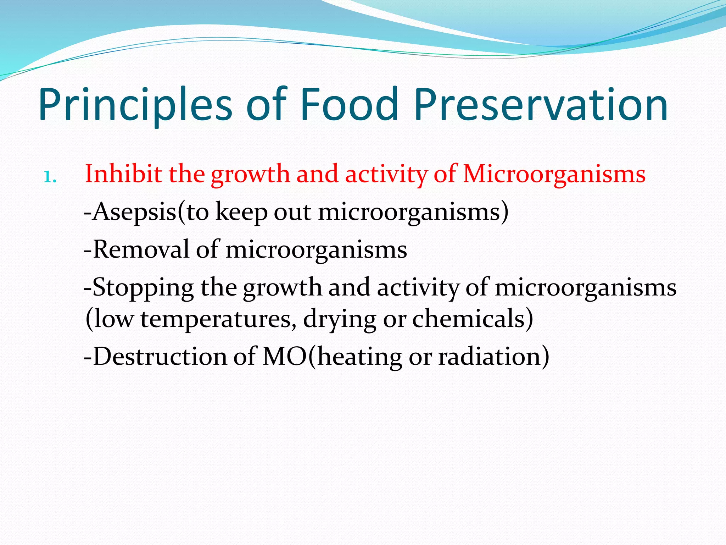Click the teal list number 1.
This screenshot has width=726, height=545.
point(50,176)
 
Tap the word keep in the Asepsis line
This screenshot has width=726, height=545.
point(241,212)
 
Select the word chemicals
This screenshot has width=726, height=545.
point(468,319)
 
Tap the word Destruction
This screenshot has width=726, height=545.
point(160,356)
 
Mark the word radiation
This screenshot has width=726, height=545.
point(489,356)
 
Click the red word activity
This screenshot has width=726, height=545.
point(386,174)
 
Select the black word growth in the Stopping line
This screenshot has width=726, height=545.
point(282,287)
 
